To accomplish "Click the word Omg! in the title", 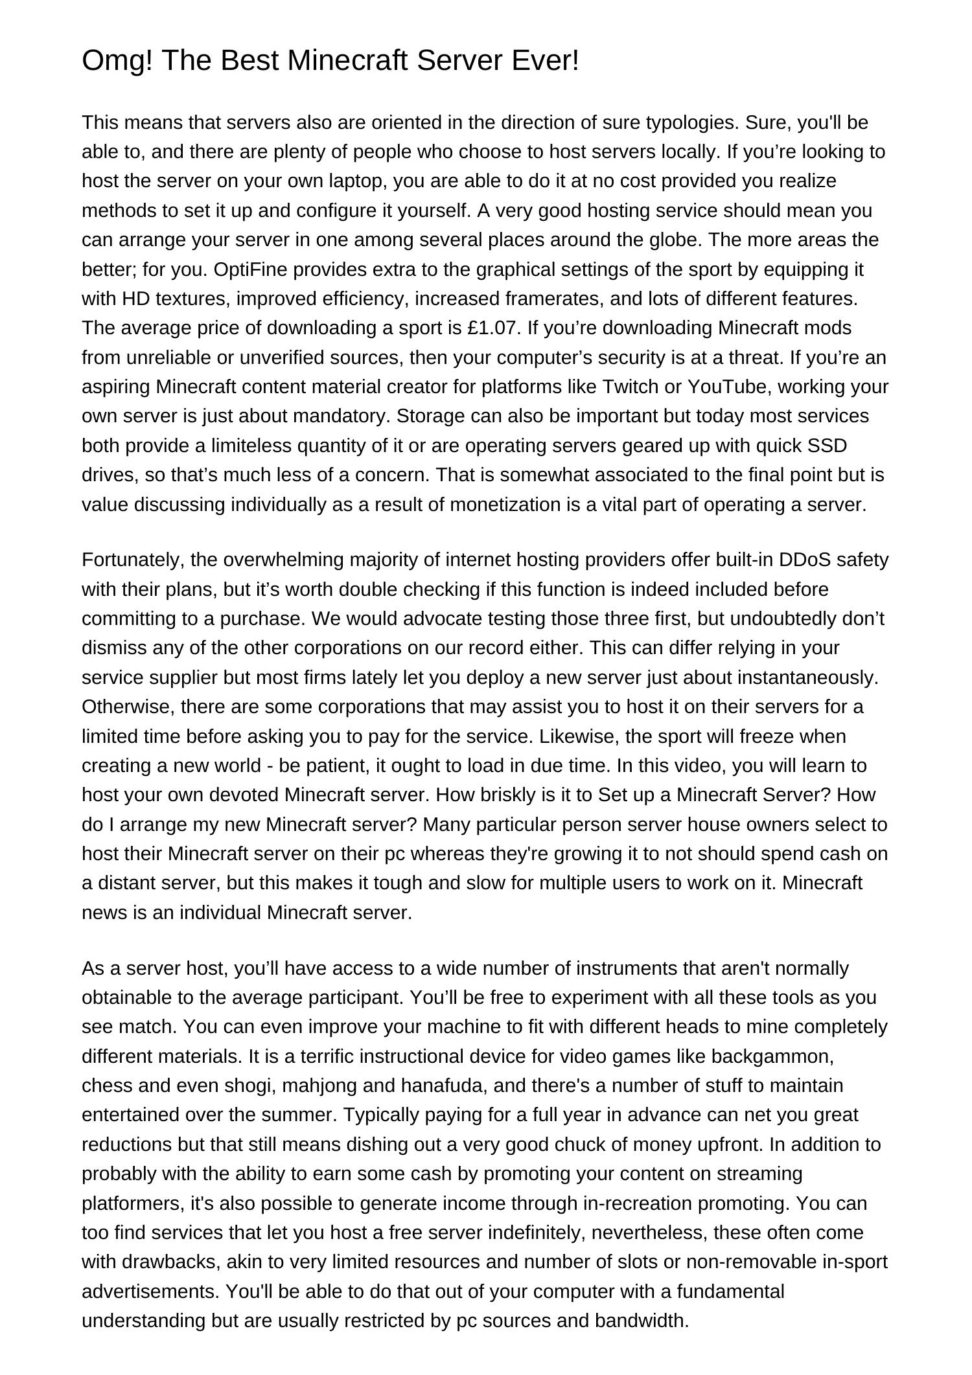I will pos(117,62).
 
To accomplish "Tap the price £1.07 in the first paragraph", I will pos(493,328).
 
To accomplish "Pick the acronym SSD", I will pos(827,446).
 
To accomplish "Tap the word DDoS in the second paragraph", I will pos(805,560).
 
